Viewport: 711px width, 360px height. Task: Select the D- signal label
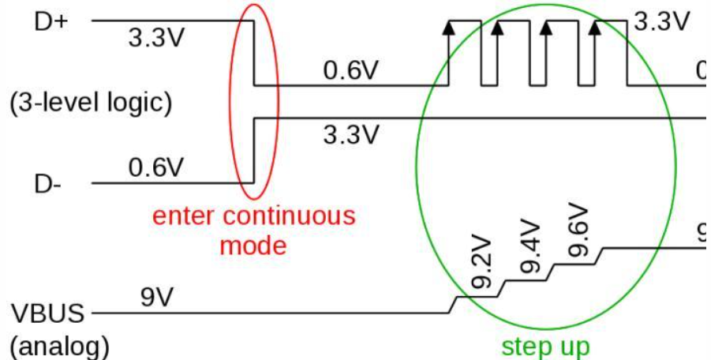tap(48, 185)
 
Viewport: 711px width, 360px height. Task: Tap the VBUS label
tap(47, 313)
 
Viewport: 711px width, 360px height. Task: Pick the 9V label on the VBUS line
tap(157, 298)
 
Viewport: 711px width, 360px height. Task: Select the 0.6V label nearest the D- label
tap(155, 167)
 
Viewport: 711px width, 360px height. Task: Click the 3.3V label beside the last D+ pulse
tap(660, 21)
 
